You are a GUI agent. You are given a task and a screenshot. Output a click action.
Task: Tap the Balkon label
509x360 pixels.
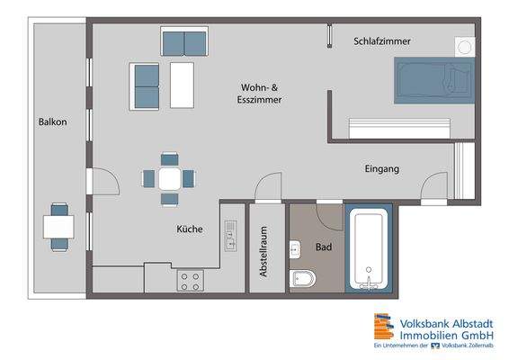(53, 122)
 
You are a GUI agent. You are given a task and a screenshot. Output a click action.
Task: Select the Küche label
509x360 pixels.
(190, 229)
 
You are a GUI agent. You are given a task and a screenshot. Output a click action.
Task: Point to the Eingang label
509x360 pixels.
(381, 168)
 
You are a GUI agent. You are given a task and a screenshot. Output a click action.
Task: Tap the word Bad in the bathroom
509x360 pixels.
(324, 245)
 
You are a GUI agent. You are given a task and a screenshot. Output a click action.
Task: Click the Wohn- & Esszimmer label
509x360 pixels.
(262, 94)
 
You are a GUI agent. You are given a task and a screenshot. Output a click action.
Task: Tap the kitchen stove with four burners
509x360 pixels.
(189, 281)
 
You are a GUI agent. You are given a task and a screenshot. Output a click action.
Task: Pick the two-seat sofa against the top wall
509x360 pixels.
(185, 41)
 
